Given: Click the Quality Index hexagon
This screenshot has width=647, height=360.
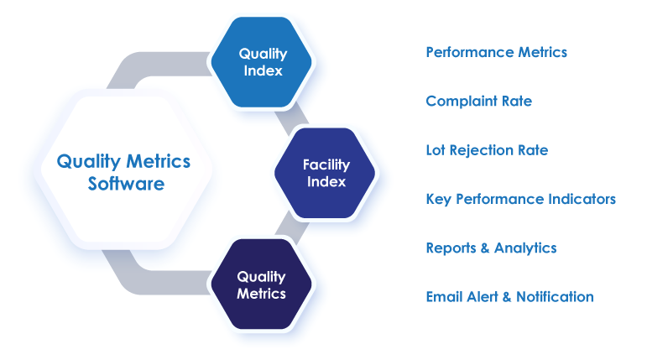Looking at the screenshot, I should pyautogui.click(x=262, y=61).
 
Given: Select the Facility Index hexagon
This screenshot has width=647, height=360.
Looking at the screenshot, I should pyautogui.click(x=326, y=173).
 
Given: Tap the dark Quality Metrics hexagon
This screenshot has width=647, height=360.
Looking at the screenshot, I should pyautogui.click(x=261, y=284).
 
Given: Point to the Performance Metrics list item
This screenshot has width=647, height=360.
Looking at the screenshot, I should pyautogui.click(x=496, y=52).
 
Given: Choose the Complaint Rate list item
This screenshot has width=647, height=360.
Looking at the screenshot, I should pyautogui.click(x=478, y=101).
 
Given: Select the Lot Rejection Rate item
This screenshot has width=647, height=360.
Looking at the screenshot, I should pyautogui.click(x=487, y=150).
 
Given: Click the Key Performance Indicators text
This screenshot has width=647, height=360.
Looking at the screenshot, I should pyautogui.click(x=520, y=199).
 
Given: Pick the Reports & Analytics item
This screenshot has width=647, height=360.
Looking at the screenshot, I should pyautogui.click(x=491, y=248).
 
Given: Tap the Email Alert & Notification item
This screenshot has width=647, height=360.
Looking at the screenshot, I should pyautogui.click(x=509, y=296).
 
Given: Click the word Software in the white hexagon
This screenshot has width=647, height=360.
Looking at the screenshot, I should pyautogui.click(x=126, y=184).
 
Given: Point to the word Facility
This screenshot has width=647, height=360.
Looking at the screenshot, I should pyautogui.click(x=326, y=164).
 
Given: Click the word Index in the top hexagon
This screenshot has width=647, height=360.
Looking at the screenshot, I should pyautogui.click(x=263, y=70).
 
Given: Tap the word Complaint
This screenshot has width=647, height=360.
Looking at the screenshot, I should pyautogui.click(x=457, y=101).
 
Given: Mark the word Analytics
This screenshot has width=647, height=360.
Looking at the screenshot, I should pyautogui.click(x=525, y=248).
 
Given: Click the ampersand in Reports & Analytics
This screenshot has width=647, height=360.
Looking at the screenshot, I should pyautogui.click(x=484, y=248).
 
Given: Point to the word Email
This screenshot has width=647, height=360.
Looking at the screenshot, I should pyautogui.click(x=442, y=296).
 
